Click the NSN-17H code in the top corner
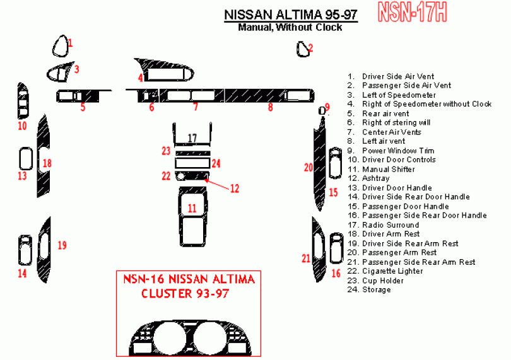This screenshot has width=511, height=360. click(x=413, y=12)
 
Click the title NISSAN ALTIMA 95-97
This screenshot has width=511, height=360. click(x=291, y=15)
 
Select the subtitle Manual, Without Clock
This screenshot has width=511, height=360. click(x=290, y=27)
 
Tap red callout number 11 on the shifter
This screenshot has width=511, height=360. click(x=192, y=207)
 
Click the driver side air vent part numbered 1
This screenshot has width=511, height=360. click(x=61, y=45)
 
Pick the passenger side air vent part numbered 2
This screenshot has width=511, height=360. click(x=302, y=49)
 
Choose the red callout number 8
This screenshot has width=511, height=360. click(x=270, y=108)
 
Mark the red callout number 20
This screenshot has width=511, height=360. click(x=308, y=167)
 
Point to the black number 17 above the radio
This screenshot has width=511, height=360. click(x=192, y=137)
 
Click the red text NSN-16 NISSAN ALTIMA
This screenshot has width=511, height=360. click(x=189, y=279)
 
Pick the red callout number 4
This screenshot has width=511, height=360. click(x=140, y=78)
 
